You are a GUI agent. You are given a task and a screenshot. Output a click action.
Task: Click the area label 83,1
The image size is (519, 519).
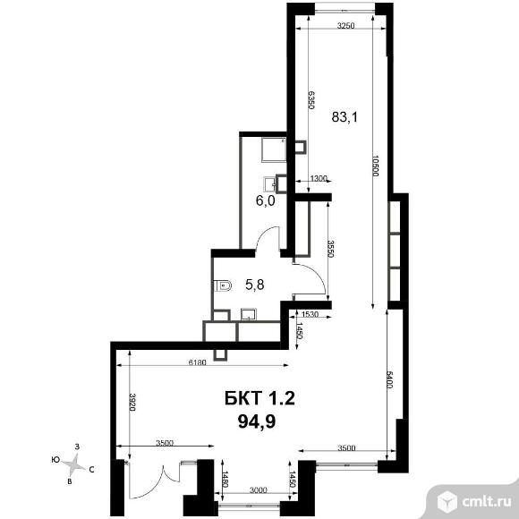(x=345, y=117)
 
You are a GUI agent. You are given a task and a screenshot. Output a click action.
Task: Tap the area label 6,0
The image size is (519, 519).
(x=266, y=200)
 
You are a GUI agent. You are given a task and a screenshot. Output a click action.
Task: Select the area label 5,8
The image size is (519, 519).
(x=254, y=285)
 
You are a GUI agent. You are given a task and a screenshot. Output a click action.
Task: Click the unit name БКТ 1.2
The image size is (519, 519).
(x=259, y=398)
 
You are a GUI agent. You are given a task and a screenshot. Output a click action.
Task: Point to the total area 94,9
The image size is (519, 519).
(x=257, y=421)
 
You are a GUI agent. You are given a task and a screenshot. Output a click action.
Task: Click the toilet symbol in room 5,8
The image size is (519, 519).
(x=223, y=285)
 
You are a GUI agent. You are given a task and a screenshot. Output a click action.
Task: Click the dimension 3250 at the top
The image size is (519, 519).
(x=346, y=25)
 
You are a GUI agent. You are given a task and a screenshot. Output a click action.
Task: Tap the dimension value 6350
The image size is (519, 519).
(x=311, y=100)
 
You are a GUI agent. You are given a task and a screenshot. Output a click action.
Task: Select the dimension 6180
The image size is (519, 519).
(x=197, y=362)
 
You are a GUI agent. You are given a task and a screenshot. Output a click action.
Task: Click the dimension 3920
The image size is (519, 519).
(x=132, y=402)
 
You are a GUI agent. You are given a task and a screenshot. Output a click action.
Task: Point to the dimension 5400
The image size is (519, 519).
(x=389, y=380)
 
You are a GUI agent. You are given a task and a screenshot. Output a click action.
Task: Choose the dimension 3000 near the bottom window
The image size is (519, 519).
(x=258, y=489)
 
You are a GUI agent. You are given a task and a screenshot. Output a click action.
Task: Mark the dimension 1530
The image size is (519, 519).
(x=311, y=314)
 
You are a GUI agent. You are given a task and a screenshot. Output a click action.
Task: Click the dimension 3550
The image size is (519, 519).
(x=331, y=249)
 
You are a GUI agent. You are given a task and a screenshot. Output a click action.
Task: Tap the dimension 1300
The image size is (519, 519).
(x=319, y=178)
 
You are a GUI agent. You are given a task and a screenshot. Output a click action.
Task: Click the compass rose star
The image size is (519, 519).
(x=74, y=464)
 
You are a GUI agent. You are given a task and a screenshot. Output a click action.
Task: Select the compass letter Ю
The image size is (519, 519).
(x=55, y=459)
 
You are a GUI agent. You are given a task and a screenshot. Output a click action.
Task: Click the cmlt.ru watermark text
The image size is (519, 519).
(x=486, y=502)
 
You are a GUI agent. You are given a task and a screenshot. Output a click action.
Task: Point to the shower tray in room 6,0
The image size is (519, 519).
(x=274, y=149)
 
